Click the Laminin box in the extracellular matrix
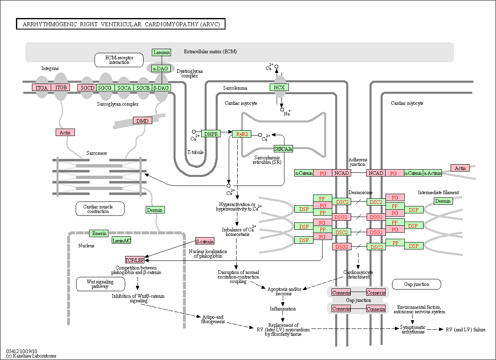(x=161, y=52)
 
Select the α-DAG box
(x=161, y=68)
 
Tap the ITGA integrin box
(x=41, y=88)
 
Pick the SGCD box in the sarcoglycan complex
(x=87, y=88)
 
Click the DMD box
(x=142, y=120)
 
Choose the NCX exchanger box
(x=279, y=87)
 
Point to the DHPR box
(x=211, y=134)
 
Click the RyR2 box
(x=241, y=134)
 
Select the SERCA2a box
(x=283, y=149)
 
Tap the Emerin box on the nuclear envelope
(x=99, y=233)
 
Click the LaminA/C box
(x=122, y=240)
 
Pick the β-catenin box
(x=205, y=241)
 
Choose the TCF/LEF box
(x=135, y=260)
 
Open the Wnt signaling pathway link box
(x=101, y=284)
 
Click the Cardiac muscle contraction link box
(x=100, y=209)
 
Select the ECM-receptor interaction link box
(x=119, y=60)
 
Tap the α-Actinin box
(x=432, y=173)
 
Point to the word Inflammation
(x=283, y=309)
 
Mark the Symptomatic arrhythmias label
(x=413, y=329)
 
